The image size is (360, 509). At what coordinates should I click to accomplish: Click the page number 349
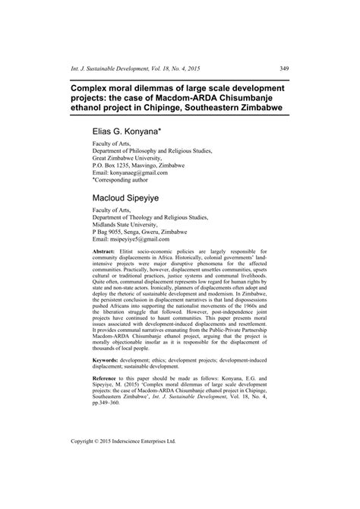281,48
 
